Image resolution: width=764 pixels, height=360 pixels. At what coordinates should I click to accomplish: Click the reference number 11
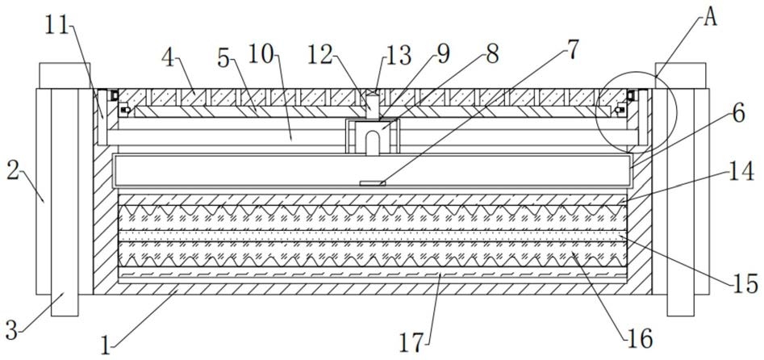coord(58,28)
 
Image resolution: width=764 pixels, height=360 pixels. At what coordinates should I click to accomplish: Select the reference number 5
coord(223,60)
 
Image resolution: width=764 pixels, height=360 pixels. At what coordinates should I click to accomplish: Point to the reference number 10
coord(262,53)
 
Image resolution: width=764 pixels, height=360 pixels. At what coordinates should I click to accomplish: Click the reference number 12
coord(319,55)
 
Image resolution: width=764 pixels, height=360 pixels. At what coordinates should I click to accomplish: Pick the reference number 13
coord(398,55)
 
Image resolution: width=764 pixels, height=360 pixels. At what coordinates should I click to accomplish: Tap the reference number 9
coord(443,53)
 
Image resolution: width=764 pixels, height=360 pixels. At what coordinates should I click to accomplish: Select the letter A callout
coord(710,19)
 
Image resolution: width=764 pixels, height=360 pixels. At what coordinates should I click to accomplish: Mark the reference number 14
coord(741,172)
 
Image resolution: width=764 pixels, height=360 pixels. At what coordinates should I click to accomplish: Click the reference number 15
coord(745,283)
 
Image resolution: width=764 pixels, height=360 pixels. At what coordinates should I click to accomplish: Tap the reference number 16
coord(639,338)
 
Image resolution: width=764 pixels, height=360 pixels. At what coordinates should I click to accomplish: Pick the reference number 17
coord(413,343)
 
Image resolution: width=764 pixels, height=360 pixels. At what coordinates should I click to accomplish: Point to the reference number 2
coord(14,172)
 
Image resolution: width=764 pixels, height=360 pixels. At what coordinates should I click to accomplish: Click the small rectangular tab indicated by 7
coord(372,183)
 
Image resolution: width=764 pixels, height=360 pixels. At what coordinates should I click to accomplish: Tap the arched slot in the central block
coord(373,143)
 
